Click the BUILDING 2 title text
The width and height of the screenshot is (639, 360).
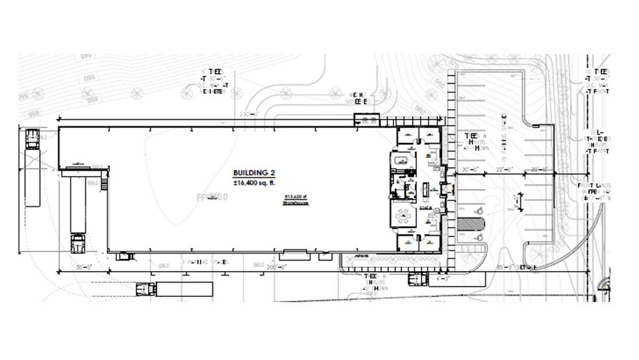tap(255, 173)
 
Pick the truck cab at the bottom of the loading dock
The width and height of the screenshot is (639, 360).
tap(78, 244)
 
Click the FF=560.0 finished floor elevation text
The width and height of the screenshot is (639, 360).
tap(212, 196)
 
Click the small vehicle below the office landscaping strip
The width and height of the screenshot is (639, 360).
tap(415, 279)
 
